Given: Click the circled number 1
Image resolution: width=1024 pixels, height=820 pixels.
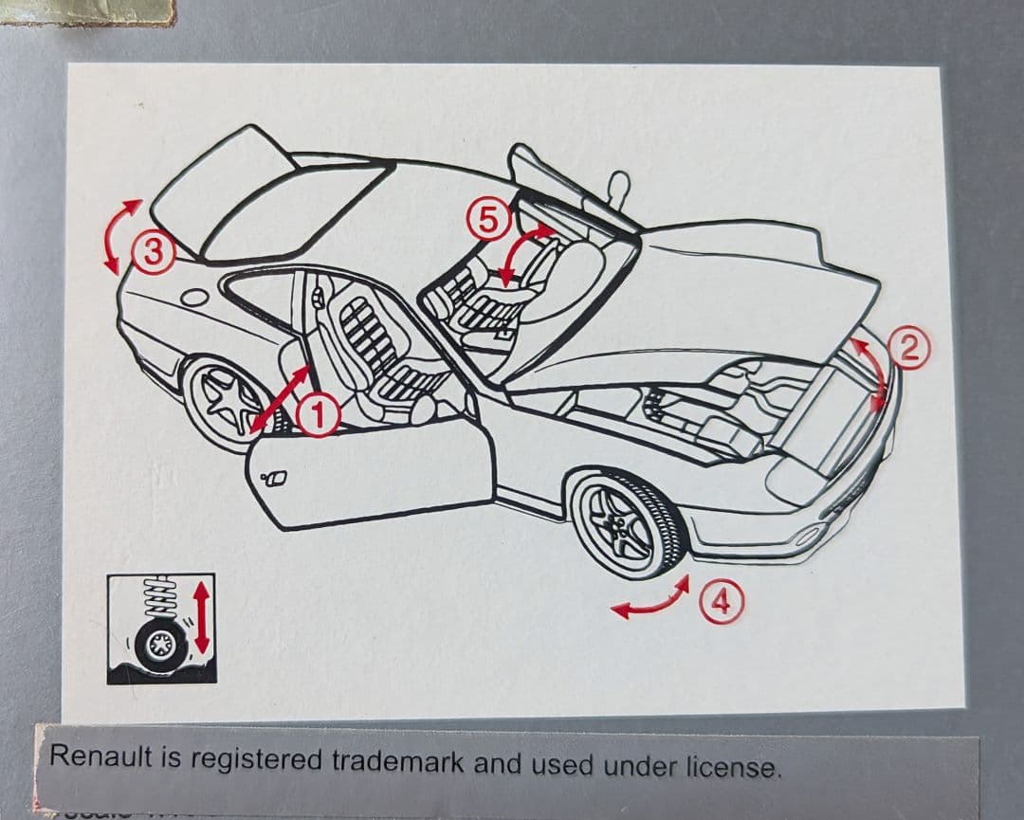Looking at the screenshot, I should point(320,413).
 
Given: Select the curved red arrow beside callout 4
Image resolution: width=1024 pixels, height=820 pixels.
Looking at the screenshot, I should point(649,601).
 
